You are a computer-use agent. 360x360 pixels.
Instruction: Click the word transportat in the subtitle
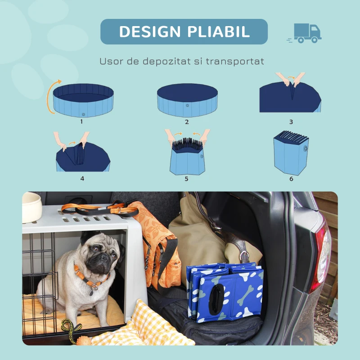(x=235, y=61)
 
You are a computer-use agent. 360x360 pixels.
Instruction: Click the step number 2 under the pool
(x=187, y=121)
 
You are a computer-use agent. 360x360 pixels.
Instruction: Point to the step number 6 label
(x=291, y=179)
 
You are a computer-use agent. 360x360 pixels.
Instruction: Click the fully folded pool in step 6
(x=290, y=153)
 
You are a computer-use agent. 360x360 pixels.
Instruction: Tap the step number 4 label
(x=82, y=179)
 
